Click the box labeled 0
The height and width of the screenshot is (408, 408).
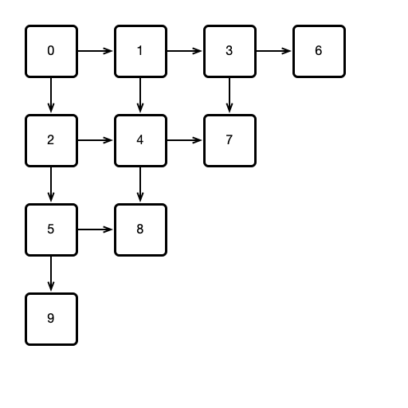pyautogui.click(x=51, y=51)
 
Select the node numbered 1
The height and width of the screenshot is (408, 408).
pyautogui.click(x=140, y=51)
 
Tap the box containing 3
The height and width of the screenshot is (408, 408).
pyautogui.click(x=229, y=51)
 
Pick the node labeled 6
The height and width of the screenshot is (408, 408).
pyautogui.click(x=319, y=51)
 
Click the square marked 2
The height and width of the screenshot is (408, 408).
pyautogui.click(x=51, y=140)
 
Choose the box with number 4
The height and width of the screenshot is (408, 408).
pyautogui.click(x=140, y=140)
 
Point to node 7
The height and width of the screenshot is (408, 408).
pyautogui.click(x=229, y=140)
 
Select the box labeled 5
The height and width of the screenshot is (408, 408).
pyautogui.click(x=51, y=229)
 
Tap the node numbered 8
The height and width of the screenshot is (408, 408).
pyautogui.click(x=140, y=229)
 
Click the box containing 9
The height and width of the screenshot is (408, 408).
pyautogui.click(x=51, y=319)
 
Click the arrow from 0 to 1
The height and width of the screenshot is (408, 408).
pyautogui.click(x=96, y=51)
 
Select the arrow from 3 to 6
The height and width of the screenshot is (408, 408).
pyautogui.click(x=274, y=51)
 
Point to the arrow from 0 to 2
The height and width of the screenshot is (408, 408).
pyautogui.click(x=51, y=96)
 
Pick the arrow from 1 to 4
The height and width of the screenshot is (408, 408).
pyautogui.click(x=140, y=96)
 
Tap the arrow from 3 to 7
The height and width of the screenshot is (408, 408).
pyautogui.click(x=229, y=96)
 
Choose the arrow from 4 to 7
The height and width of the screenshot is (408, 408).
pyautogui.click(x=185, y=140)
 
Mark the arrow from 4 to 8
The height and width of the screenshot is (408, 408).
pyautogui.click(x=140, y=185)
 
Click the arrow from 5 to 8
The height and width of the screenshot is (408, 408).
pyautogui.click(x=96, y=229)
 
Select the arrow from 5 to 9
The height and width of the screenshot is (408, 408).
pyautogui.click(x=51, y=274)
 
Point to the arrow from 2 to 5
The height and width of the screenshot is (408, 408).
pyautogui.click(x=51, y=185)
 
